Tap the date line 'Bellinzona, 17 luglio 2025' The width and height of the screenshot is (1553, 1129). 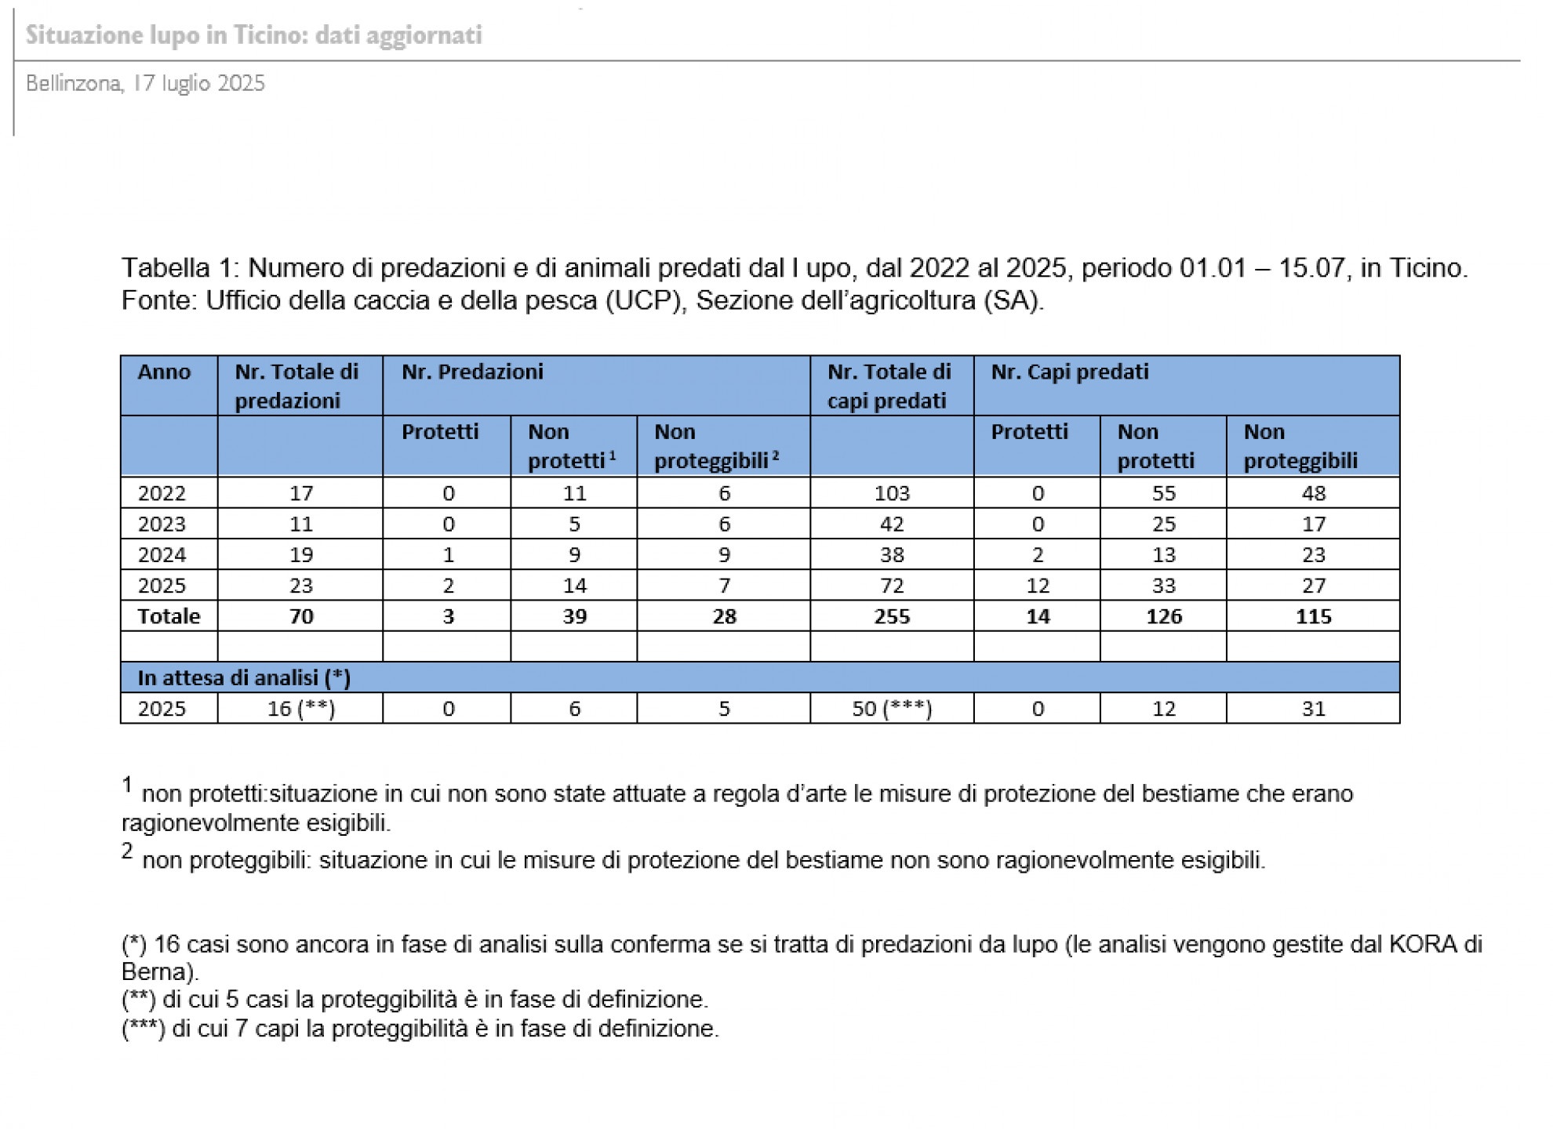tap(145, 83)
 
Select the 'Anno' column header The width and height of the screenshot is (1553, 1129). tap(164, 372)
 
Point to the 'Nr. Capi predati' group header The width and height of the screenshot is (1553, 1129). tap(1069, 372)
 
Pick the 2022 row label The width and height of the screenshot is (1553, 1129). tap(162, 493)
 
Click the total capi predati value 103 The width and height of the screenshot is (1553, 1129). tap(892, 493)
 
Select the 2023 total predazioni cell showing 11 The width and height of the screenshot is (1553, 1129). tap(300, 524)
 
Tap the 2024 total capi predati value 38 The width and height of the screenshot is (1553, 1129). tap(892, 554)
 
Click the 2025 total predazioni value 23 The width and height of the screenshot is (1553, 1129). tap(300, 585)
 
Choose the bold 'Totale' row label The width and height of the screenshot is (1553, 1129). tap(169, 616)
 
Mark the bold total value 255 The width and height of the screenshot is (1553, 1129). tap(892, 616)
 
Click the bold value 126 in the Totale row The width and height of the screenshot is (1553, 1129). tap(1163, 616)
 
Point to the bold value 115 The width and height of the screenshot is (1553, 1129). tap(1313, 616)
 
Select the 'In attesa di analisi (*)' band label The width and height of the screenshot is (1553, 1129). tap(244, 677)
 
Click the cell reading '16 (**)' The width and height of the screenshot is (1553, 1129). tap(300, 709)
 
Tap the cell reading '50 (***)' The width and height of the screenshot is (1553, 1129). tap(892, 709)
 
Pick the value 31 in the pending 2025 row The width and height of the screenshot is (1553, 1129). tap(1313, 709)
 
